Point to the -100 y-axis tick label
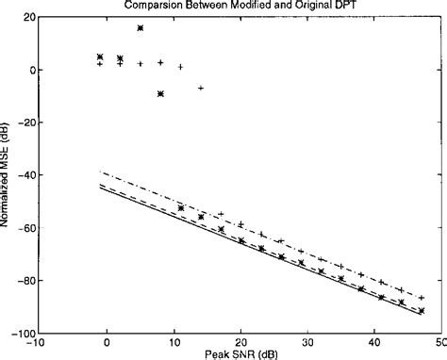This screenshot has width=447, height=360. [x=25, y=334]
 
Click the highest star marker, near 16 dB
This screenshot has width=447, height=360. [x=141, y=28]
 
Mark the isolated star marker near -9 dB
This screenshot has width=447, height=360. [x=160, y=93]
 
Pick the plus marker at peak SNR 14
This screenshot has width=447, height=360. [x=201, y=88]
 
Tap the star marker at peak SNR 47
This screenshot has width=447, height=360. [x=421, y=310]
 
